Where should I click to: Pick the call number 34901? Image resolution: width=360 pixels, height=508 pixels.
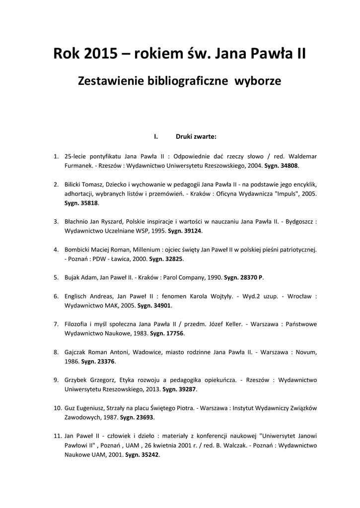pyautogui.click(x=161, y=306)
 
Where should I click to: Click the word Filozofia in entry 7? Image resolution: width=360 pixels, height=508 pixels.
pyautogui.click(x=77, y=324)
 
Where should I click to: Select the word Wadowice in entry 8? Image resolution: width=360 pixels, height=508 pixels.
pyautogui.click(x=144, y=352)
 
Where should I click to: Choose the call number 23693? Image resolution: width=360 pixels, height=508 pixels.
pyautogui.click(x=144, y=417)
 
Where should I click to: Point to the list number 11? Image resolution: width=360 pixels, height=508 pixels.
pyautogui.click(x=57, y=436)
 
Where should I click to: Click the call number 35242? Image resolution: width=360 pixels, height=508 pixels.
pyautogui.click(x=149, y=454)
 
